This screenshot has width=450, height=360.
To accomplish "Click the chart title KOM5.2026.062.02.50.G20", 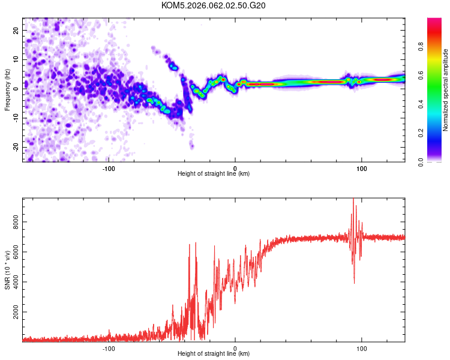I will pyautogui.click(x=214, y=6).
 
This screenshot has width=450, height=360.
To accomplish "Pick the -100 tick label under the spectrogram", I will pyautogui.click(x=109, y=168).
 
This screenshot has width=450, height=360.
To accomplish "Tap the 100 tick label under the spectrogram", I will pyautogui.click(x=361, y=168).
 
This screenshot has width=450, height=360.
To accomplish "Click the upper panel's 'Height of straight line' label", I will pyautogui.click(x=214, y=174).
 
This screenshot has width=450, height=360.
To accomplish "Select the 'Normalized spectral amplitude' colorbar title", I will pyautogui.click(x=446, y=90).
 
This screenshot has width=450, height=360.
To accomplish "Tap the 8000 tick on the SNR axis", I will pyautogui.click(x=12, y=223).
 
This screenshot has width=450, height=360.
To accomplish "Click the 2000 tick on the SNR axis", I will pyautogui.click(x=12, y=313).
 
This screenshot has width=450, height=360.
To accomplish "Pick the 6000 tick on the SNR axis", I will pyautogui.click(x=12, y=253).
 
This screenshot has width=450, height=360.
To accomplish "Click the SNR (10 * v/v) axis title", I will pyautogui.click(x=7, y=270).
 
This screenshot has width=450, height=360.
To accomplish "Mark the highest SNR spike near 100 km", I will pyautogui.click(x=353, y=199).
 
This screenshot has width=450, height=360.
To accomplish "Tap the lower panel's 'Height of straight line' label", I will pyautogui.click(x=214, y=354).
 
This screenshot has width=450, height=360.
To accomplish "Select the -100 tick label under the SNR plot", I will pyautogui.click(x=109, y=348).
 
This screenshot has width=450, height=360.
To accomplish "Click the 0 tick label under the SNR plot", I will pyautogui.click(x=235, y=348).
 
